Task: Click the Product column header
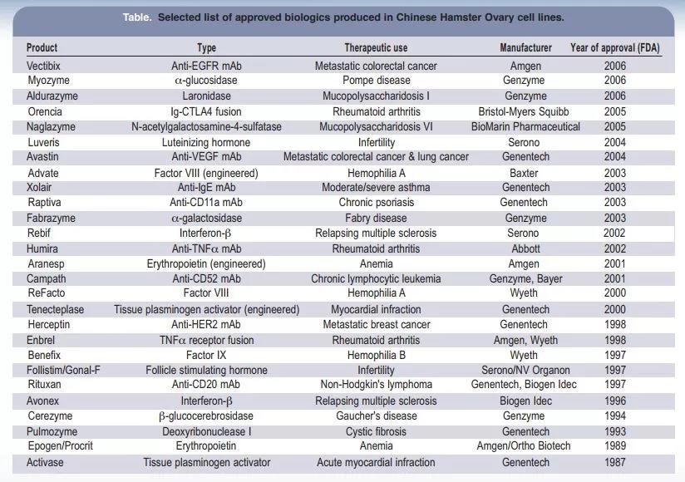(42, 48)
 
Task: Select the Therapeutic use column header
(376, 48)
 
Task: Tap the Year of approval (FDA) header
(614, 48)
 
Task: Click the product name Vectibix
(46, 66)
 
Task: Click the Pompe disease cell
(376, 81)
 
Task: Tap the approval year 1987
(615, 462)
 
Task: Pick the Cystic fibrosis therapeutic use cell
(376, 431)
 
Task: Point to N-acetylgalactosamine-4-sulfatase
(206, 126)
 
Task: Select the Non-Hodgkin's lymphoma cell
(376, 385)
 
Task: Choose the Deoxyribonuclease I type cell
(206, 431)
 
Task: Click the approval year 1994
(615, 416)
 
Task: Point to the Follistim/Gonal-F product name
(63, 370)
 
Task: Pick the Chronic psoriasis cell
(376, 203)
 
